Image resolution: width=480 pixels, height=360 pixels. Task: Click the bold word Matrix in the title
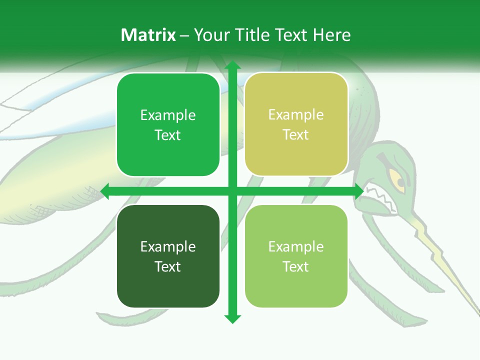(x=148, y=35)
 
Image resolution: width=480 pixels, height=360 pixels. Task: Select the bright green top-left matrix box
(x=168, y=125)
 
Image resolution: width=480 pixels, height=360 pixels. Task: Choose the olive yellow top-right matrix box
(x=296, y=124)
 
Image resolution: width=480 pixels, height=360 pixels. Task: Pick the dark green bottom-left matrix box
(x=168, y=256)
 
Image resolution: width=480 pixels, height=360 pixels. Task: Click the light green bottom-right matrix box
(x=296, y=256)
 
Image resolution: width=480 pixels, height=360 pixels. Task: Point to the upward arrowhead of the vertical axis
(x=232, y=65)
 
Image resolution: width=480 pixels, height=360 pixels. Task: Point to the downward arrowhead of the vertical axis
(x=232, y=319)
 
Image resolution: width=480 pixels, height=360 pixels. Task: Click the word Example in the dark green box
(x=168, y=246)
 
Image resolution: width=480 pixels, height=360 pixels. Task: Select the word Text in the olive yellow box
(x=296, y=135)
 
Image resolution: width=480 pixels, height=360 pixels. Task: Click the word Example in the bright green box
(x=168, y=115)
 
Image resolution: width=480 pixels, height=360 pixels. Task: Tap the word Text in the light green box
(x=296, y=266)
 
